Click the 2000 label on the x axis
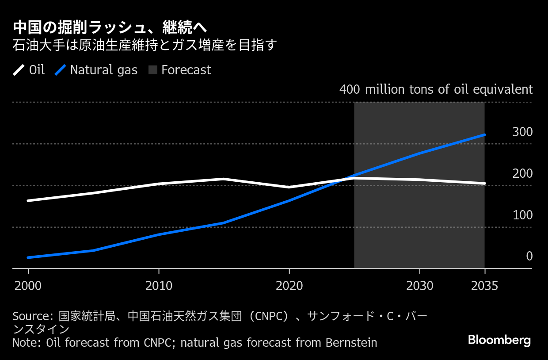28,286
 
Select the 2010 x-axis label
159,286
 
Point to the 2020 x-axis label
289,286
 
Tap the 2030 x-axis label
420,286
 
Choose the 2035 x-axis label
484,286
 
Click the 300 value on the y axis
522,132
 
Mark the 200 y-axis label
522,174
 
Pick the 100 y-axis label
522,215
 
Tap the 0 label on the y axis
529,257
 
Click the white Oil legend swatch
19,70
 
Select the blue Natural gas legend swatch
60,70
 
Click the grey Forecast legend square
153,70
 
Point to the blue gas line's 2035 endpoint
484,135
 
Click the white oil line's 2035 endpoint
484,184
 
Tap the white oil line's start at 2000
28,201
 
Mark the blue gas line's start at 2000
28,258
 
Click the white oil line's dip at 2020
289,188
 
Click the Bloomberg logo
499,341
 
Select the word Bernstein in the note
351,343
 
